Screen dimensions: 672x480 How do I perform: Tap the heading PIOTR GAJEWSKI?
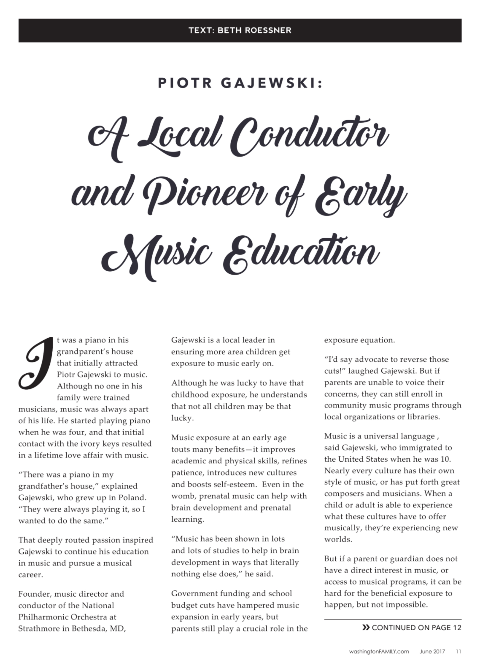pos(240,83)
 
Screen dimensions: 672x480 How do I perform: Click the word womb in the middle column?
pos(183,496)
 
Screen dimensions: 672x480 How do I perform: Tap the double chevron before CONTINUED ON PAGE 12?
pos(366,627)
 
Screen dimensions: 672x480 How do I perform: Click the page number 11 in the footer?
pos(458,652)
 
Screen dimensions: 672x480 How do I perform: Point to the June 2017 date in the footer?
pos(432,652)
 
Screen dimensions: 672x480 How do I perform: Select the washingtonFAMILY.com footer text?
pos(379,652)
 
